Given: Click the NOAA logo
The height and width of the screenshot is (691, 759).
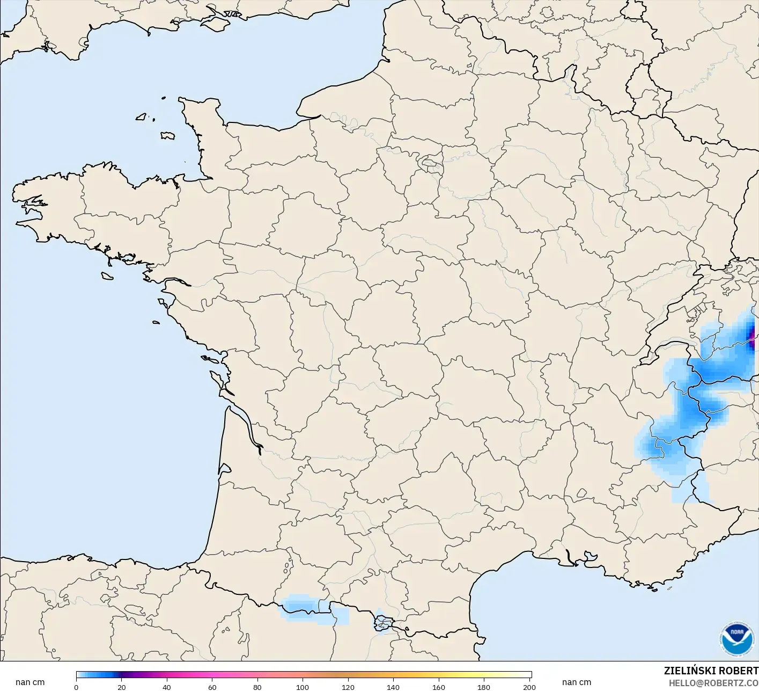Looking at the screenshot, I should click(x=736, y=638).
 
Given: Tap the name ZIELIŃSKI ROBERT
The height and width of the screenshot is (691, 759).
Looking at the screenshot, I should click(x=711, y=671).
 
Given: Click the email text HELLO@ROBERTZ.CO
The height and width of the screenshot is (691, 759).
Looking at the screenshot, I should click(x=713, y=683).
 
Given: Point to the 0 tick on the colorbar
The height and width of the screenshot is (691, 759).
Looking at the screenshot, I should click(x=76, y=687).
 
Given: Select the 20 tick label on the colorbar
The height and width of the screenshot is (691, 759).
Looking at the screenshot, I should click(x=122, y=687).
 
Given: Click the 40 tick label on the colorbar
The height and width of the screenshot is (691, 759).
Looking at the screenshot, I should click(x=167, y=687).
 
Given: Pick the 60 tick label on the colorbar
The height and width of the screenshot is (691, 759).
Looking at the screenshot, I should click(x=212, y=687).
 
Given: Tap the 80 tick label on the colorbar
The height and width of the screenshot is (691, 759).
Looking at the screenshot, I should click(x=257, y=687).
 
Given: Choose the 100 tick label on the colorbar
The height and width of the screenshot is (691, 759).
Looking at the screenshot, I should click(x=303, y=687).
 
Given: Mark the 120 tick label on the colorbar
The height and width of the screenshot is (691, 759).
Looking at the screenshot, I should click(x=348, y=687).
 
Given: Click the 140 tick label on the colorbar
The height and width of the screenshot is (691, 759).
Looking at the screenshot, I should click(x=393, y=687).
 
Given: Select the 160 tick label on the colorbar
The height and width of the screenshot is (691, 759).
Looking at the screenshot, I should click(x=439, y=687).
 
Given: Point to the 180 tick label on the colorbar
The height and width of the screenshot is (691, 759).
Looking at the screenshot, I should click(x=484, y=687).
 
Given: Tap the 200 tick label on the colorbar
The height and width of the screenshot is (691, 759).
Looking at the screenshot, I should click(x=529, y=687).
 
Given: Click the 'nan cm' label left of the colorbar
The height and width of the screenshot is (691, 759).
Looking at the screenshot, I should click(x=30, y=682).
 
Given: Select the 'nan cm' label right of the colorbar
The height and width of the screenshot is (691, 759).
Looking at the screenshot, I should click(x=577, y=682).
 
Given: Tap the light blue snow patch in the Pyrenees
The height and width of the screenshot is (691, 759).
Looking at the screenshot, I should click(x=303, y=607).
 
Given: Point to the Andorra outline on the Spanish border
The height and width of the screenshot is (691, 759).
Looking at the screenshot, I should click(x=383, y=623).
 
